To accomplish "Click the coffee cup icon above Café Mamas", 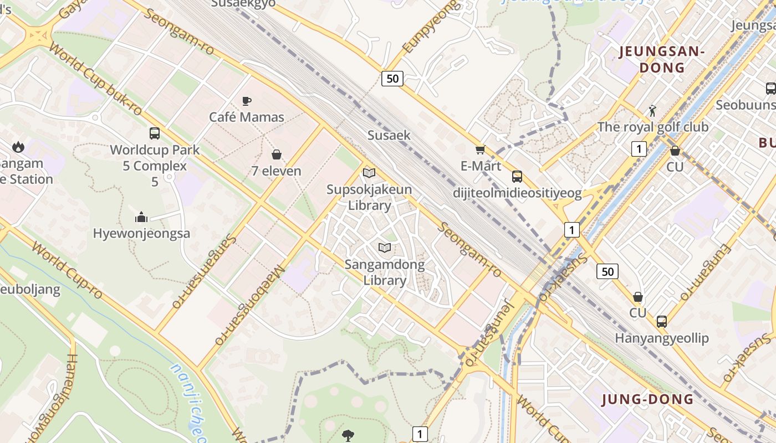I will point(247,101).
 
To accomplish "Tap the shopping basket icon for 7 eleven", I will point(276,154).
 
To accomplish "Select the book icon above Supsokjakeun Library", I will point(369,173).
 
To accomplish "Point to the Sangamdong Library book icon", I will point(385,248).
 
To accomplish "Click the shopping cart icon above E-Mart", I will point(480,150).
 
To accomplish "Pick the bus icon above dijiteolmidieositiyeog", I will point(517,177).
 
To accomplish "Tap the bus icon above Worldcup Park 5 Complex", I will point(155,133).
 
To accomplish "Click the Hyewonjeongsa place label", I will point(141,233).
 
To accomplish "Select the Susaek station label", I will point(389,135).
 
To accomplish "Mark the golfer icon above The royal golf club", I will point(652,111).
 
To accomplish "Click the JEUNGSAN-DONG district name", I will point(662,60).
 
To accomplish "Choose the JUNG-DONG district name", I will point(647,399).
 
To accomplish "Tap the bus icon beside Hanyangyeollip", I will point(661,321).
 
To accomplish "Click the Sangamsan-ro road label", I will point(205,271).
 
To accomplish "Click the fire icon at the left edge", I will point(18,147).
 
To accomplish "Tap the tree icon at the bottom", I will point(348,435).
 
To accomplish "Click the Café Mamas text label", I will point(247,117).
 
